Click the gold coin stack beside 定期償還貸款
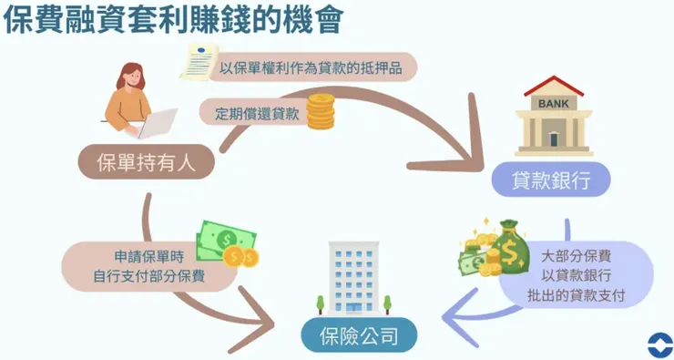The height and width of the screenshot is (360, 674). click(320, 115)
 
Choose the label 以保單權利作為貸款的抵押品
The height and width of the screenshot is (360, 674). click(310, 67)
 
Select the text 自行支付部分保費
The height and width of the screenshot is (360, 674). click(148, 277)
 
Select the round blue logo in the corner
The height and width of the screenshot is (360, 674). click(655, 344)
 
